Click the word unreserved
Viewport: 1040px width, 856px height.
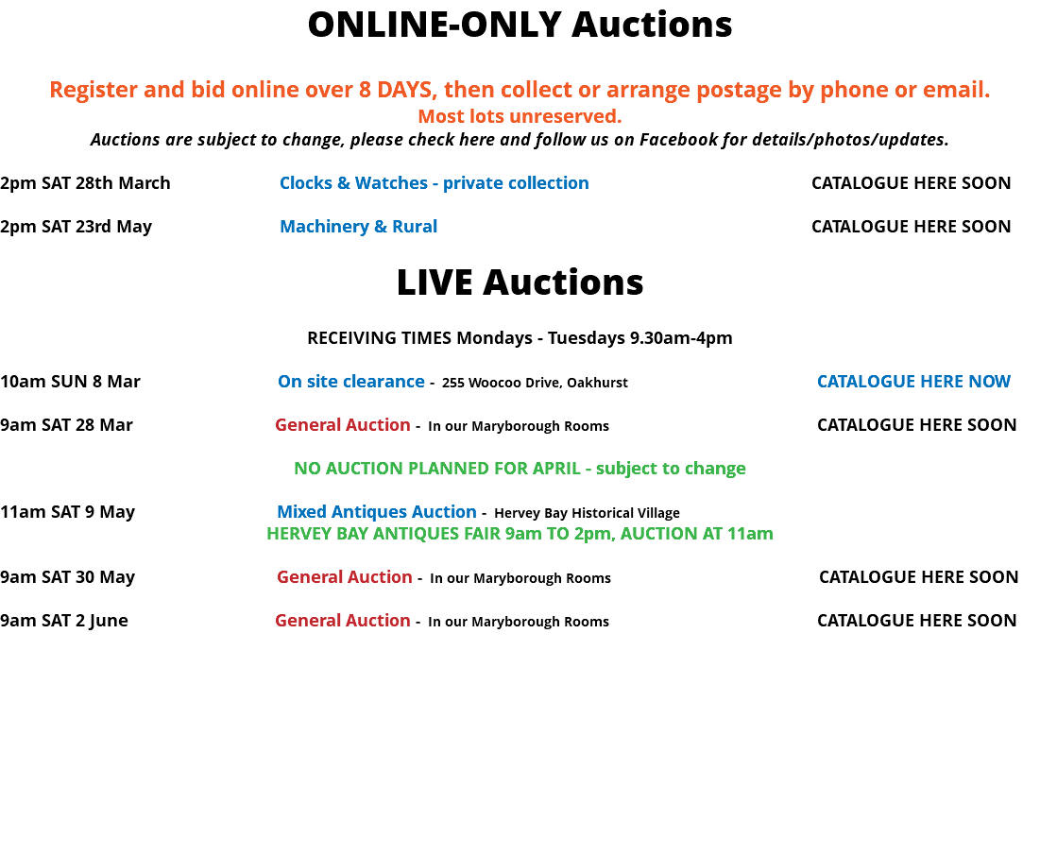coord(566,117)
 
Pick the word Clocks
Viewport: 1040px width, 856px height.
coord(305,183)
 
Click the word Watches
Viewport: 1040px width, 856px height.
coord(391,183)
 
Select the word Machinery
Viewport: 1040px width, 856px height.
coord(324,227)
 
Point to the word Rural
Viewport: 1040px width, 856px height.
coord(415,227)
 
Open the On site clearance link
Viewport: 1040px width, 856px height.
coord(350,382)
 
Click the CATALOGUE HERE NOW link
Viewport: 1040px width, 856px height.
coord(913,382)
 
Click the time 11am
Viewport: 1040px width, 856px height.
coord(752,534)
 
